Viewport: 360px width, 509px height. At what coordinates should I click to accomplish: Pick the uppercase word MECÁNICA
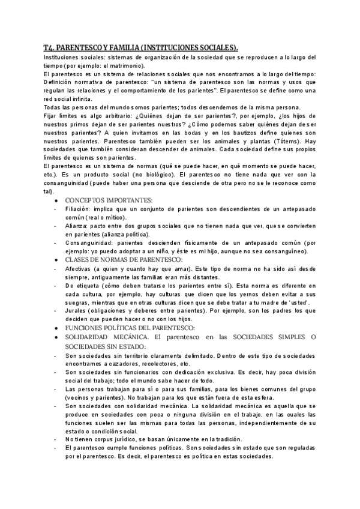(127, 338)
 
